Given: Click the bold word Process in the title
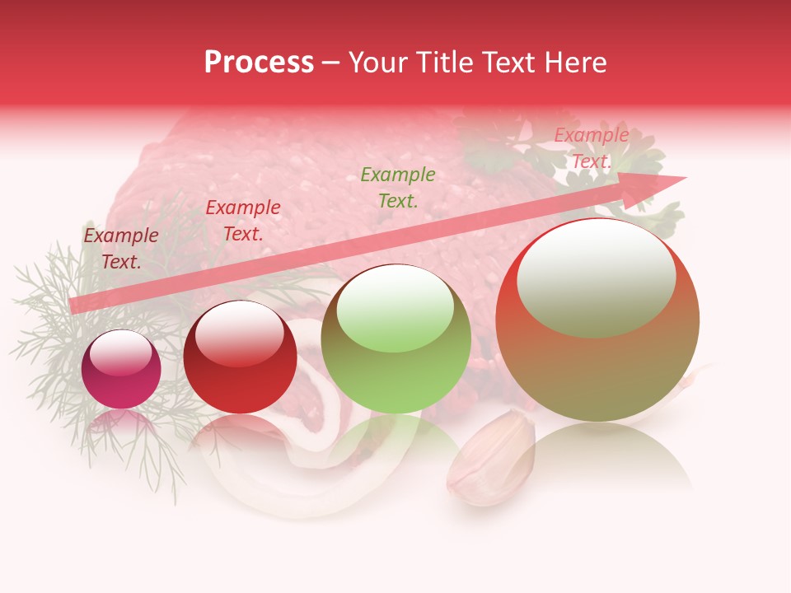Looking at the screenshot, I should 259,63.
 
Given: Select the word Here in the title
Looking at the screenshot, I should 574,63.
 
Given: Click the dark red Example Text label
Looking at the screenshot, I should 121,248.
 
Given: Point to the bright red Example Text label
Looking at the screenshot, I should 243,221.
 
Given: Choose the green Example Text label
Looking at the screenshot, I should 398,187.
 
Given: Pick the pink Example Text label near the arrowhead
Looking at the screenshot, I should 591,148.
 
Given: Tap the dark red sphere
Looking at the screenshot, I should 240,357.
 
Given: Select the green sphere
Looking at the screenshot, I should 396,339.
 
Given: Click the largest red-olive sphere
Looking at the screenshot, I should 597,321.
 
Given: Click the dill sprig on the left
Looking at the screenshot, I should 49,329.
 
